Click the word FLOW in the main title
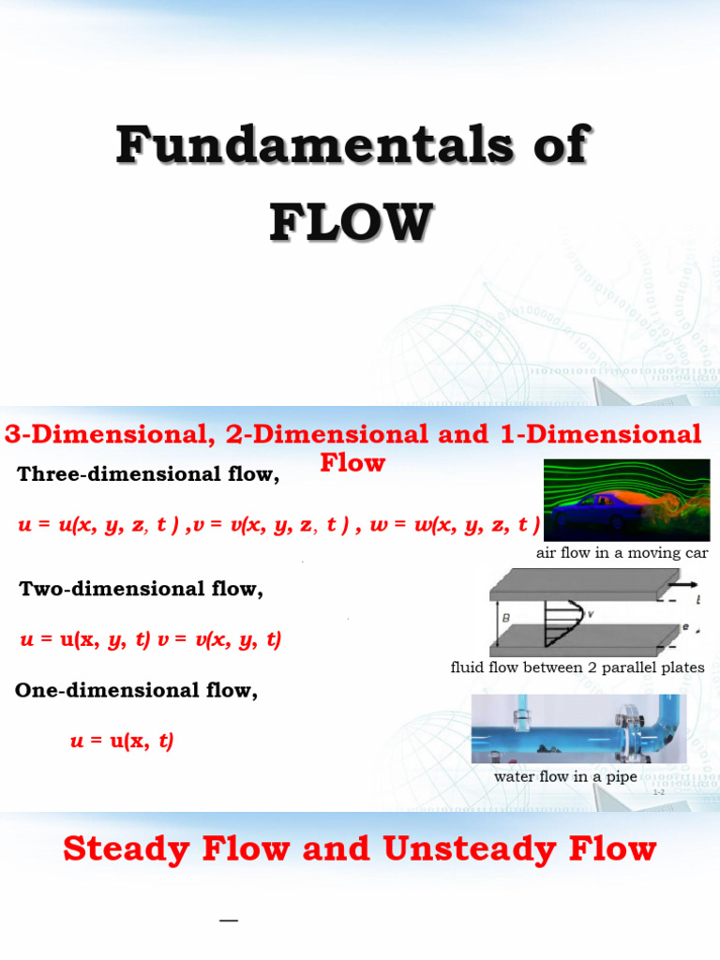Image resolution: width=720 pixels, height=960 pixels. point(352,222)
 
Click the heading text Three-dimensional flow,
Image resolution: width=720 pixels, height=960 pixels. point(148,474)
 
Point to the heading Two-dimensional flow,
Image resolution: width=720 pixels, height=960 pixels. point(141,589)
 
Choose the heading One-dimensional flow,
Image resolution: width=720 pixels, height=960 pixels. point(136,691)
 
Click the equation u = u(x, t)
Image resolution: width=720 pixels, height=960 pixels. point(122,741)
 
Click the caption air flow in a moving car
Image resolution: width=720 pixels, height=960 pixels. point(622,553)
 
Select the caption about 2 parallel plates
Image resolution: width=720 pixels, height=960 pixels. point(577,667)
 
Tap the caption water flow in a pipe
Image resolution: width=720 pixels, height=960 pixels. point(565,776)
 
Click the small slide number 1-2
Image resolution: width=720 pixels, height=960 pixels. point(658,793)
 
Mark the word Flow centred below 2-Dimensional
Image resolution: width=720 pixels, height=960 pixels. point(352,462)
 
